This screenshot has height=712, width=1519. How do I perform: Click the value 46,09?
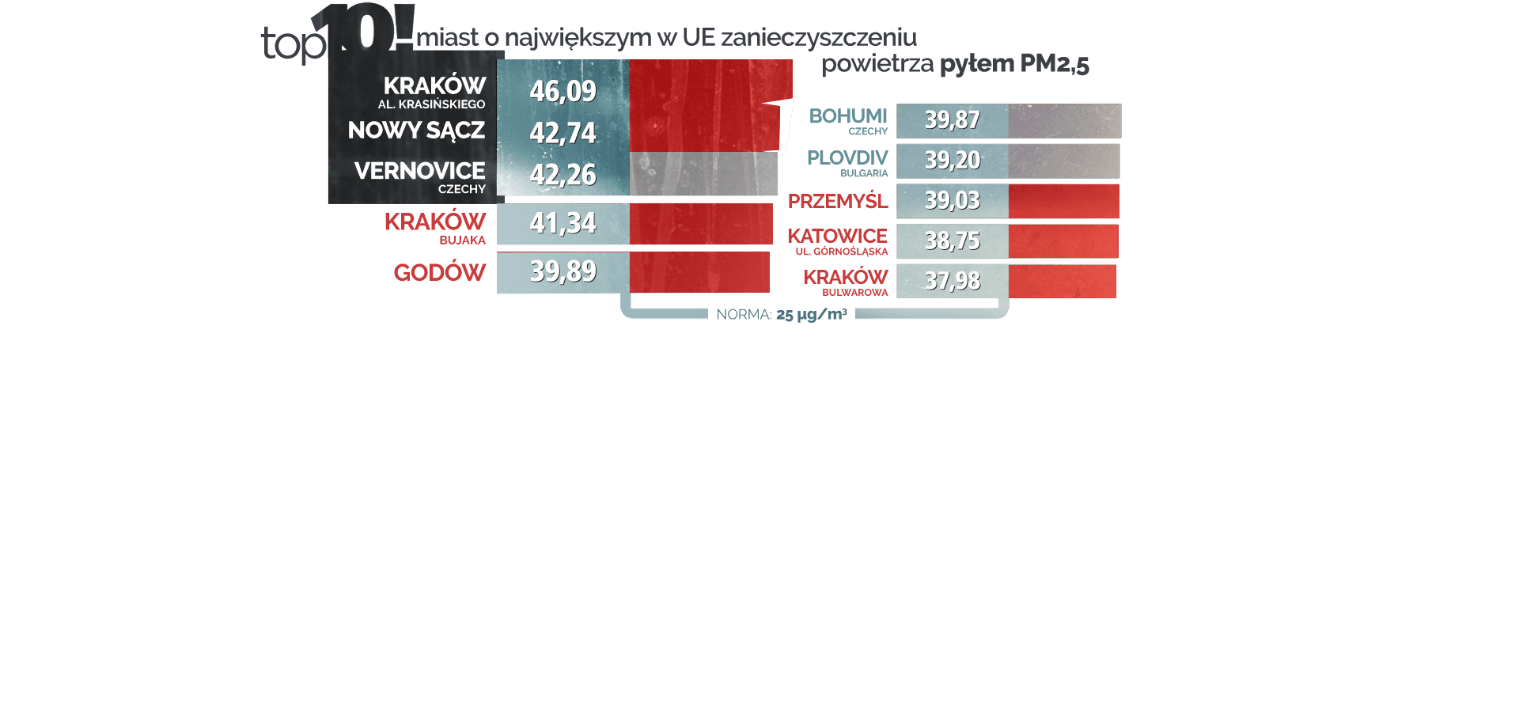(x=563, y=91)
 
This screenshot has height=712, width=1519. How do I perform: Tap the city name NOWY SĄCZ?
(x=416, y=131)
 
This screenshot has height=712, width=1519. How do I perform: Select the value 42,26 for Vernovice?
(x=563, y=175)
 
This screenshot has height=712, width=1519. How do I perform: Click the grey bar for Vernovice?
(x=703, y=174)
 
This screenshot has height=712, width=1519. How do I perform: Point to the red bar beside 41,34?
(x=701, y=224)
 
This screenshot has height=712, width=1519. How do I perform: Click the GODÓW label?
(x=440, y=273)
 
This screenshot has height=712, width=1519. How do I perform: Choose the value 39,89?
(x=563, y=271)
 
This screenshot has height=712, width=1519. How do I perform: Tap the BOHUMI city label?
(x=848, y=116)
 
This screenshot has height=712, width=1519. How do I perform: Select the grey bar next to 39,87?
(x=1064, y=121)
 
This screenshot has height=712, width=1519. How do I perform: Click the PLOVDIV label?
(x=847, y=158)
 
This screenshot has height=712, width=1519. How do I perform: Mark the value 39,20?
(x=952, y=161)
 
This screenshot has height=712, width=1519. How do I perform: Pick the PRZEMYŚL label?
(x=838, y=202)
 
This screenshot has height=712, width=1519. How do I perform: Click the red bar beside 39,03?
(x=1064, y=201)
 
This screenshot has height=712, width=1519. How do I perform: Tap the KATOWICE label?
(x=838, y=236)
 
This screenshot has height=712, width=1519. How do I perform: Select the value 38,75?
(x=952, y=241)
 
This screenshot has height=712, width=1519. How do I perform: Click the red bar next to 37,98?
(x=1063, y=282)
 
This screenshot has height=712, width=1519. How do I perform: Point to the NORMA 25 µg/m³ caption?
(x=782, y=315)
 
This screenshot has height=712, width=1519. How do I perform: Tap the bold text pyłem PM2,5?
(x=1014, y=64)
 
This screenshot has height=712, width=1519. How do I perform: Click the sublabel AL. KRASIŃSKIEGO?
(x=431, y=104)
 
